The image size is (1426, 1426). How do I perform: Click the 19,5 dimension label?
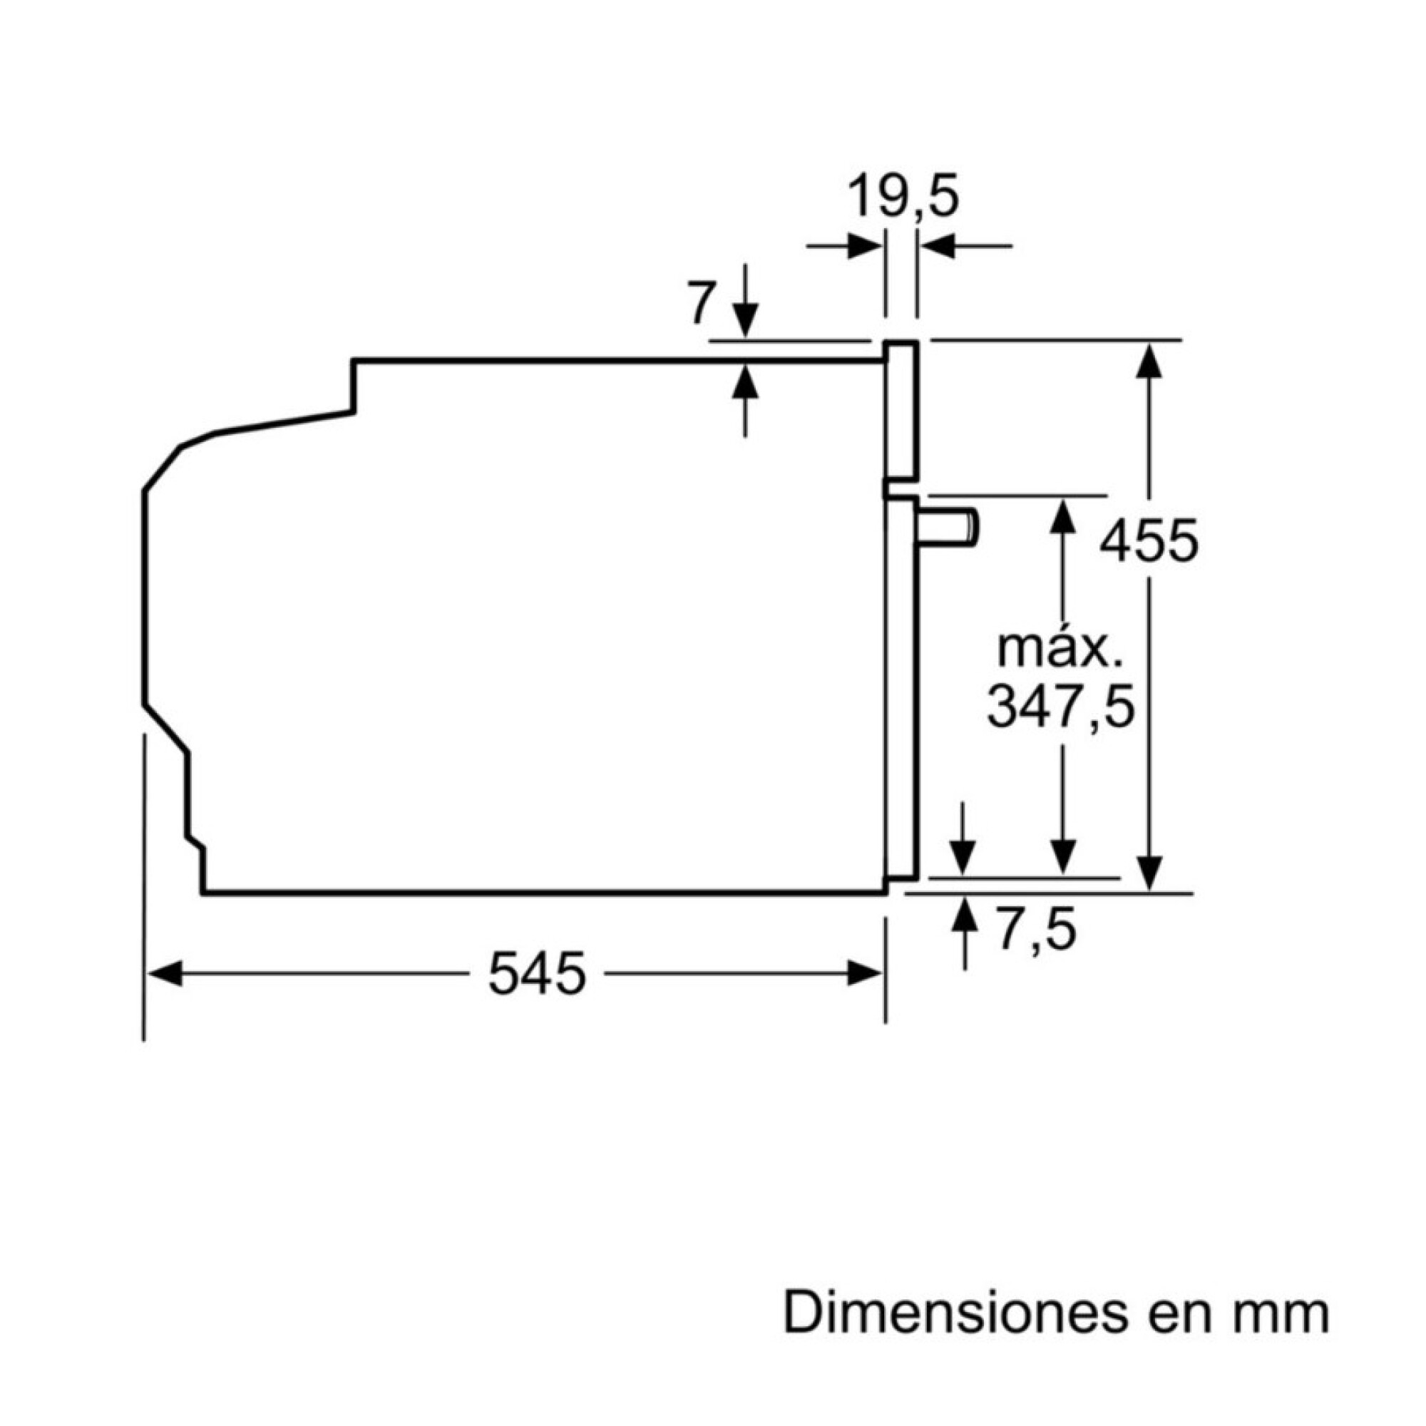click(x=903, y=197)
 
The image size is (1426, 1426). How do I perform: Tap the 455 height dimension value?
click(x=1149, y=542)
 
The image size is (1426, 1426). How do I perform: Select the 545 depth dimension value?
click(x=537, y=973)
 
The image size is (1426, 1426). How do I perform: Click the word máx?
click(x=1055, y=649)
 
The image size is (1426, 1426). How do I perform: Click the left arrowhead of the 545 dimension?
click(x=165, y=973)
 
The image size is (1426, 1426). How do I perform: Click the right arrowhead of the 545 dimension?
click(x=864, y=973)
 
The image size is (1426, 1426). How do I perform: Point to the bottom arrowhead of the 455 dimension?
click(x=1149, y=873)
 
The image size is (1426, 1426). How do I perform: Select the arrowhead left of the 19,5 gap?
click(x=863, y=246)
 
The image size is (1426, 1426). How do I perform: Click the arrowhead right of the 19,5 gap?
click(x=938, y=246)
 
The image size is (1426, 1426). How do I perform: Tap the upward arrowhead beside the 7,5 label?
click(x=964, y=915)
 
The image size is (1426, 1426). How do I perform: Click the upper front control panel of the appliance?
click(x=902, y=410)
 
